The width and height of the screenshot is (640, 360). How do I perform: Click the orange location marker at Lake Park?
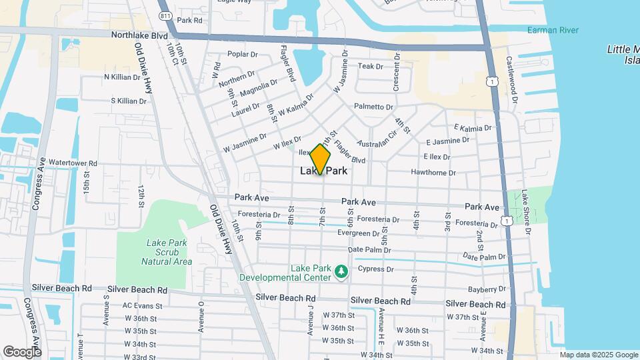coord(321,159)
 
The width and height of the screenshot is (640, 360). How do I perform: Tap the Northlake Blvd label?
coord(139,35)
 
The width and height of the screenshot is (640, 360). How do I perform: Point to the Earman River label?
coord(553,30)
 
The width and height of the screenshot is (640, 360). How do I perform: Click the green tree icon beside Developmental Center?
coord(341,271)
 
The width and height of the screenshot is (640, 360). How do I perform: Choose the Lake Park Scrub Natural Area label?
coord(167,252)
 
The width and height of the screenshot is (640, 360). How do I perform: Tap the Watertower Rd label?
coord(73,163)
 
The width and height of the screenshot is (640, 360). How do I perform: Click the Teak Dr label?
coord(371,67)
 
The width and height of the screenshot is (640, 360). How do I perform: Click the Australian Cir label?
coord(377,139)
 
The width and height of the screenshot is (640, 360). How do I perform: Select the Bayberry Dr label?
coord(487,289)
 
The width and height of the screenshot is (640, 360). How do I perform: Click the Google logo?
coord(22,351)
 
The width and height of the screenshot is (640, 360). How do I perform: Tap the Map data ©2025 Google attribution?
coord(598,355)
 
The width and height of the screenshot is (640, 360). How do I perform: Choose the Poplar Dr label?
coord(242,54)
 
